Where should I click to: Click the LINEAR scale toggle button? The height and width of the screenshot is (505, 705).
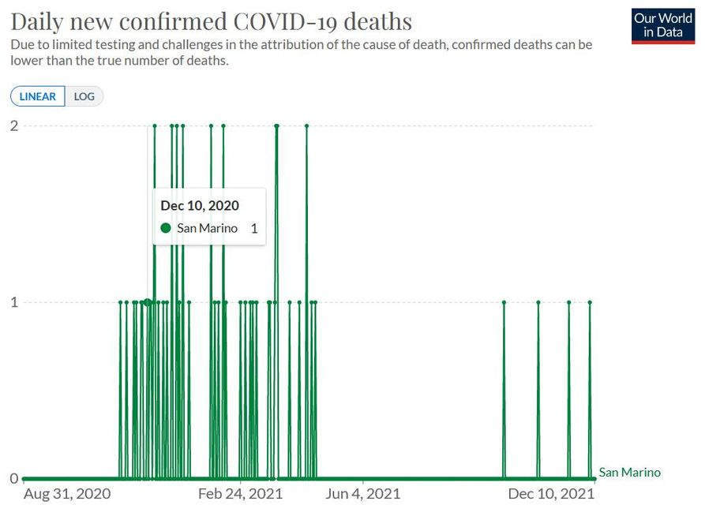coord(37,97)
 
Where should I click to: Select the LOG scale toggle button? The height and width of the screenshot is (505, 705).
coord(84,97)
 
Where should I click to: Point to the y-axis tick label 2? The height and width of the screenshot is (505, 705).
coord(14,125)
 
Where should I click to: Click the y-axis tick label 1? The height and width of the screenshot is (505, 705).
coord(14,302)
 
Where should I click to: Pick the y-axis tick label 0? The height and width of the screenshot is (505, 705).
coord(14,478)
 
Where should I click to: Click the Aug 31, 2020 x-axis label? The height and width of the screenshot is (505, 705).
coord(67,495)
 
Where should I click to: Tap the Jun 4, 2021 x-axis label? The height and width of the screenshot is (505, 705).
coord(362,495)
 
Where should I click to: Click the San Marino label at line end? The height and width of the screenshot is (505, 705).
coord(629,473)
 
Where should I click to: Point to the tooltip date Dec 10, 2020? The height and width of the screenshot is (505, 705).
coord(200,206)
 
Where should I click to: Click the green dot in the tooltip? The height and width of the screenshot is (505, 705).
coord(166,228)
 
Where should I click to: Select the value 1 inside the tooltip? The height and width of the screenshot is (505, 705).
coord(254,229)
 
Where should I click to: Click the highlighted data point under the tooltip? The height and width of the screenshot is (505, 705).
coord(148,302)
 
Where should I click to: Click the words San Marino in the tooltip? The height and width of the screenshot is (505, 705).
coord(207,229)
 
